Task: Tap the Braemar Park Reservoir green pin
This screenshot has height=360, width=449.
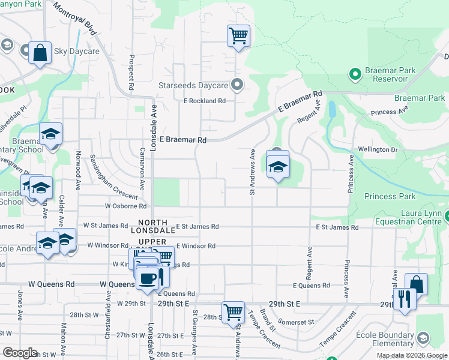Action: tap(355, 74)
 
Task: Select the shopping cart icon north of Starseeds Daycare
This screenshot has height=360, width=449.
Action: tap(238, 35)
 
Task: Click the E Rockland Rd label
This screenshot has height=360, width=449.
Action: tap(205, 101)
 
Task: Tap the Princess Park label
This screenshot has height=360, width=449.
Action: tap(390, 196)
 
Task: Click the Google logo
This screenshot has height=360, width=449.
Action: tap(20, 352)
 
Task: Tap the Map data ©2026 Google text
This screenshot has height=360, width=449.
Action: tap(411, 355)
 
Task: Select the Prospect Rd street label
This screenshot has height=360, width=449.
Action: tap(130, 71)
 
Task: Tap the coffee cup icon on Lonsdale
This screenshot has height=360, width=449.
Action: tap(148, 278)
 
